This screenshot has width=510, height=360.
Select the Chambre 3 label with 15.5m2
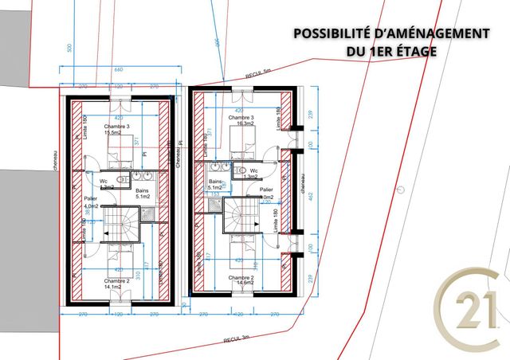pyautogui.click(x=116, y=131)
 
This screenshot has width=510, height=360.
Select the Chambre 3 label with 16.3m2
pyautogui.click(x=241, y=120)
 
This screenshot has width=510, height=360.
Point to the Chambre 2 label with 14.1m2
pyautogui.click(x=116, y=285)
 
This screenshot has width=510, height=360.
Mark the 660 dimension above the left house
pyautogui.click(x=118, y=70)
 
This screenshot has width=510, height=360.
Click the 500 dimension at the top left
pyautogui.click(x=69, y=49)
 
